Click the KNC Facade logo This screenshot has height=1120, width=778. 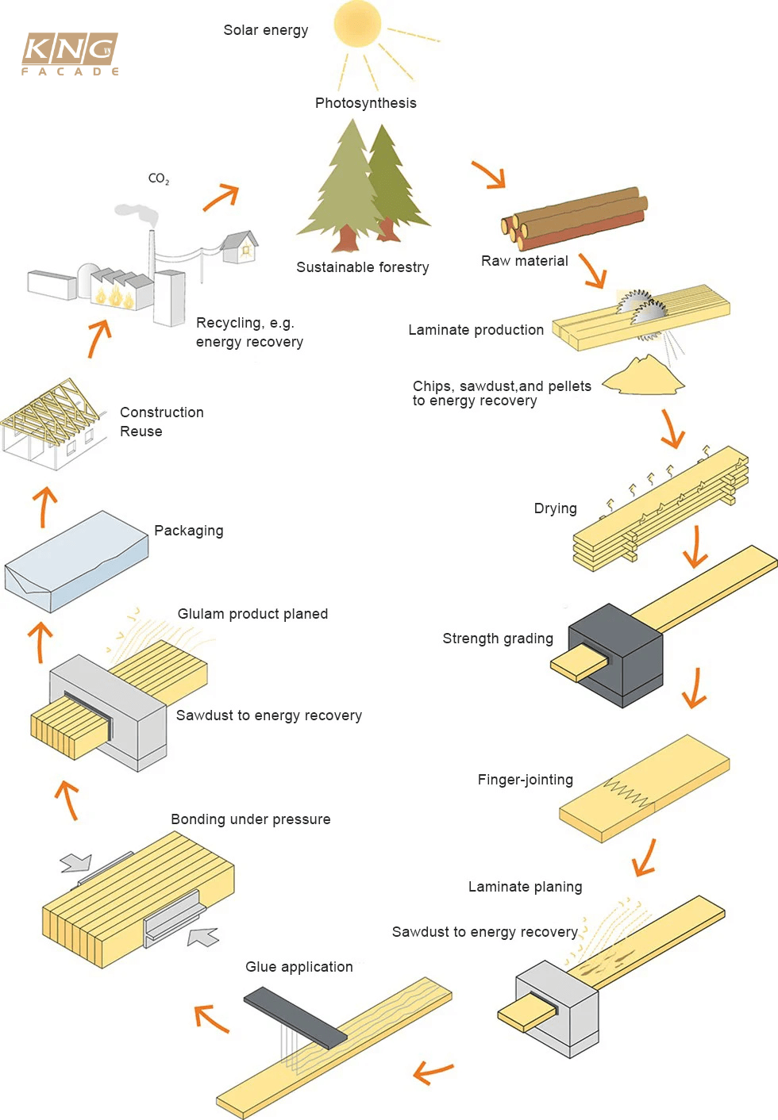70,53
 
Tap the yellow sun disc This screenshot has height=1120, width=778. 358,24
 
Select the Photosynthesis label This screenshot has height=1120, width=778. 365,103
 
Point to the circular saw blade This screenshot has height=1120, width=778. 641,309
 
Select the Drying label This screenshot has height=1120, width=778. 555,508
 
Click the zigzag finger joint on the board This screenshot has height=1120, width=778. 626,792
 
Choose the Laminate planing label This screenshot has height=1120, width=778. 525,887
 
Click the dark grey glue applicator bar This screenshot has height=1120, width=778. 295,1018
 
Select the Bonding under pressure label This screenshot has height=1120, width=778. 250,819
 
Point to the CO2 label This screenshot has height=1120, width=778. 159,178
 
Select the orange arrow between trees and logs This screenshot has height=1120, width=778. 489,175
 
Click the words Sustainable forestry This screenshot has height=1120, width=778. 362,267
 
